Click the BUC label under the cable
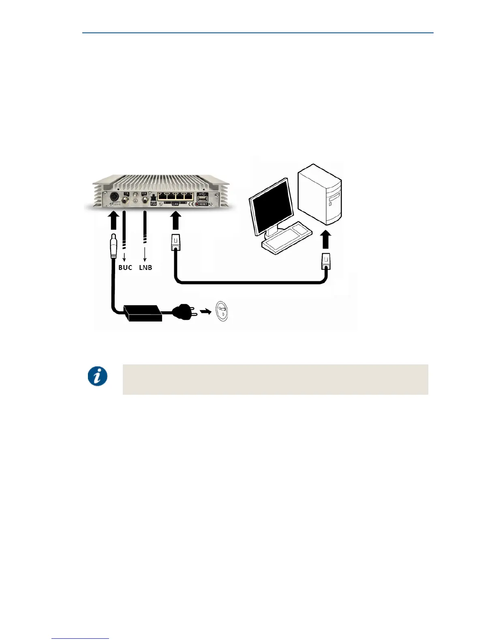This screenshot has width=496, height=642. tap(125, 267)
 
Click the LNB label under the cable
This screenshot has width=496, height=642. tap(145, 267)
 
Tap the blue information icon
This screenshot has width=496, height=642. tap(98, 376)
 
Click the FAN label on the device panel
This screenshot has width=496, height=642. tap(154, 204)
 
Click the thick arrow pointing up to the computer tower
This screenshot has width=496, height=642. tap(326, 240)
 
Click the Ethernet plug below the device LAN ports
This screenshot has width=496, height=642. tap(175, 242)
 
